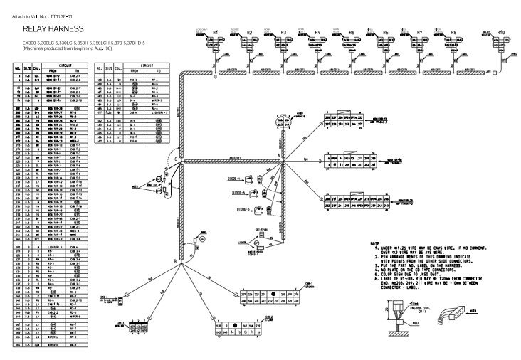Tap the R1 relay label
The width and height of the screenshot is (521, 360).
216,33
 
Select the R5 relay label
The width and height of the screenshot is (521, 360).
352,33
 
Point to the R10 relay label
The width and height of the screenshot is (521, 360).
501,33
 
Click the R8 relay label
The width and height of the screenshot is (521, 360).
453,33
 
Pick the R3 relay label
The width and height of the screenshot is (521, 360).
283,33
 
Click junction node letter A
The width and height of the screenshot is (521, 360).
278,154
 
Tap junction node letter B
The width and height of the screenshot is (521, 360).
174,263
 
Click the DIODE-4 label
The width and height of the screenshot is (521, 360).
236,179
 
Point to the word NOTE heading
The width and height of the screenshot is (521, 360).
375,243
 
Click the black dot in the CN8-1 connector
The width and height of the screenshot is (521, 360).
273,293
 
